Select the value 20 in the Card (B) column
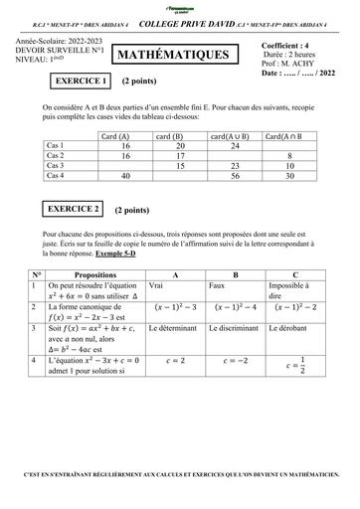pyautogui.click(x=179, y=145)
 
